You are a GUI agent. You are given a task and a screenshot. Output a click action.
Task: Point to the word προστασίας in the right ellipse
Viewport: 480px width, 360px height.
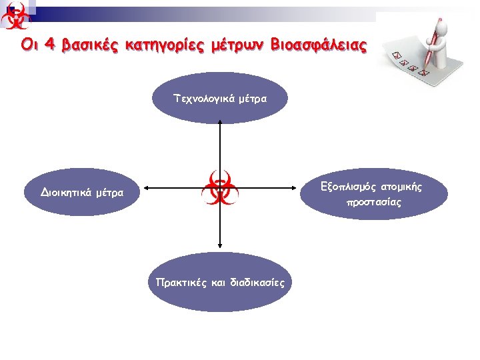(x=373, y=202)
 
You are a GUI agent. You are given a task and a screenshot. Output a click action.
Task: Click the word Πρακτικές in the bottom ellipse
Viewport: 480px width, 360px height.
(x=180, y=282)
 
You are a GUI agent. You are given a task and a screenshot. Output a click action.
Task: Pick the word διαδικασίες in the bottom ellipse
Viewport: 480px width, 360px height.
(x=256, y=282)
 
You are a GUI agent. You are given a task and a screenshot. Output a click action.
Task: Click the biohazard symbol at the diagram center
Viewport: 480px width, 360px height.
(x=219, y=188)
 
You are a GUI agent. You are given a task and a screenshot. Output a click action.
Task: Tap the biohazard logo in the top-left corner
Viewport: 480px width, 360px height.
(x=16, y=16)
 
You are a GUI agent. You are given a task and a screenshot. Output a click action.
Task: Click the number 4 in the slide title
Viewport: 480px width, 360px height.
(x=49, y=45)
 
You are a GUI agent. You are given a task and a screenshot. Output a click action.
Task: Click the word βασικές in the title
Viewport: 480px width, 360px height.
(x=93, y=45)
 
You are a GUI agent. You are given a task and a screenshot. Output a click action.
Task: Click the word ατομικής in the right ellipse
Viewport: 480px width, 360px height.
(x=401, y=187)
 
